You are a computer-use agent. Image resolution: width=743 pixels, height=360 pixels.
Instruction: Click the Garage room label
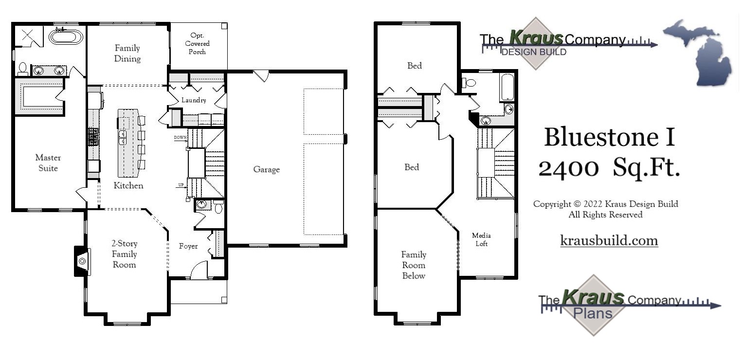click(x=266, y=169)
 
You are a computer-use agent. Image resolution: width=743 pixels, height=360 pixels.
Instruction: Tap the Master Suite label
click(x=48, y=163)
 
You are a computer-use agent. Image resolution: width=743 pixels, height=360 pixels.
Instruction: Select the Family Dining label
click(x=127, y=54)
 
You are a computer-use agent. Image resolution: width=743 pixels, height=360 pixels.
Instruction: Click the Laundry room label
click(x=194, y=100)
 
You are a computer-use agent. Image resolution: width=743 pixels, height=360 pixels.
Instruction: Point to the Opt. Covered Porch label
click(x=197, y=43)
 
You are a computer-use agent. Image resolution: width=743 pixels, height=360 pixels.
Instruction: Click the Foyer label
click(x=188, y=246)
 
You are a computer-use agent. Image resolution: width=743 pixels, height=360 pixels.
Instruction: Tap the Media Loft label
click(x=481, y=240)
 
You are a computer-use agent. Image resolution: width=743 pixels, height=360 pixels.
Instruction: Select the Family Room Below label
click(x=414, y=265)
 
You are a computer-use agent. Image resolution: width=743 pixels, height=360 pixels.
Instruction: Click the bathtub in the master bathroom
click(x=65, y=37)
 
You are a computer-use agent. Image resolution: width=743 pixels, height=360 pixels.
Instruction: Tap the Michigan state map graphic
click(x=699, y=53)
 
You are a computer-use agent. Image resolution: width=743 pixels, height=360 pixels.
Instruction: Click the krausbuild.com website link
click(x=609, y=240)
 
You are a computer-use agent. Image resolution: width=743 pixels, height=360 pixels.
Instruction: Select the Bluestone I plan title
click(x=610, y=137)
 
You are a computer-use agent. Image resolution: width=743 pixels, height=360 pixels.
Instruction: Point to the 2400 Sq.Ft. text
click(x=609, y=168)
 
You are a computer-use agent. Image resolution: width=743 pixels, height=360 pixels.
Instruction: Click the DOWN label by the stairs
click(x=180, y=138)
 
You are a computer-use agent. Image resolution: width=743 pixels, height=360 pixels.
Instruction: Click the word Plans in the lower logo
click(x=593, y=313)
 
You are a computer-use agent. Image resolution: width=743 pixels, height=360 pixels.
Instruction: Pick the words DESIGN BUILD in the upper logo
click(x=534, y=52)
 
